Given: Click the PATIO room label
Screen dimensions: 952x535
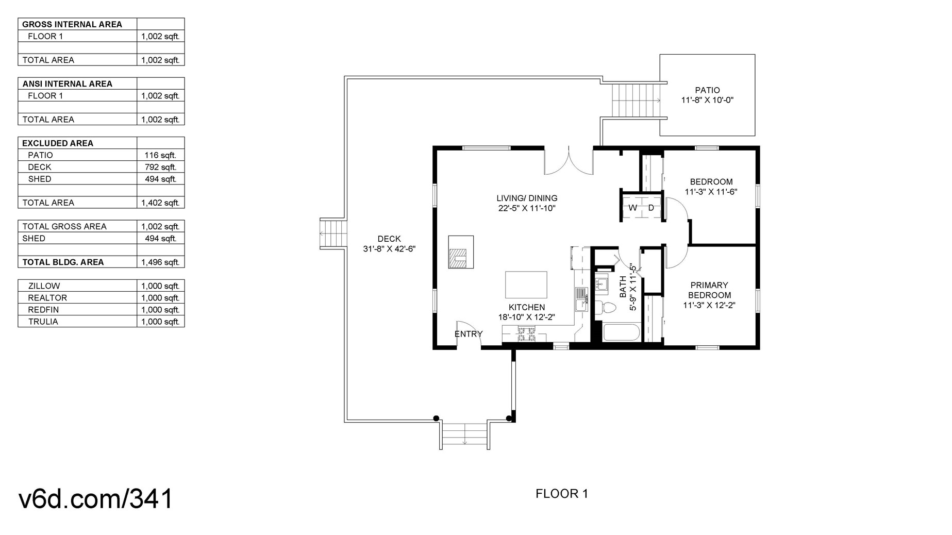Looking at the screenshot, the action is (707, 90).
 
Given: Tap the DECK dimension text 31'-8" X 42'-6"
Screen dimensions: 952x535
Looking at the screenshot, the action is (389, 249).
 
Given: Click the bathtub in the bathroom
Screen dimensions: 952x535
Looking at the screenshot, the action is (621, 332).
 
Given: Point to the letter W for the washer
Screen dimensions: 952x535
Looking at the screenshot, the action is (632, 208).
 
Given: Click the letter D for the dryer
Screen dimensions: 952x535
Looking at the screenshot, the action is (651, 208).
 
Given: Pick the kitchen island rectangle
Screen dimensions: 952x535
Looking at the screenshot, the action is (526, 285).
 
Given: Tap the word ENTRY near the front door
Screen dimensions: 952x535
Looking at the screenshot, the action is (469, 334).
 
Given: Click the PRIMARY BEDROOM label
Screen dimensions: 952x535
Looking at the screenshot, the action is (709, 290).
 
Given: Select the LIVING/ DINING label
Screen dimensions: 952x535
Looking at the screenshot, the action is (527, 198).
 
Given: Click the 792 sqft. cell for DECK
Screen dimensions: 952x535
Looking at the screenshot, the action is (160, 167).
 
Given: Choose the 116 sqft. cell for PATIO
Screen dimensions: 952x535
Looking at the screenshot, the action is (160, 155).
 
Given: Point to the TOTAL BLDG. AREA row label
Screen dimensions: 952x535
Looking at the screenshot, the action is (63, 262).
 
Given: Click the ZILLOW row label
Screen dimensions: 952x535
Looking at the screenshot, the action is (44, 286).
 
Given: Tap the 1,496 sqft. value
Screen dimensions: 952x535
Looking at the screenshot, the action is (160, 262).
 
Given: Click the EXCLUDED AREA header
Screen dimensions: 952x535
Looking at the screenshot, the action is (58, 143).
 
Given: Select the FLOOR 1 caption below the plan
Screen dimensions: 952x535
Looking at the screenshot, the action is (562, 494).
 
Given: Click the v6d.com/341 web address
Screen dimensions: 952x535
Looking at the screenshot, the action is (96, 498).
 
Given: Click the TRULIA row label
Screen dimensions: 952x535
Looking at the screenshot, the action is (43, 322).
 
